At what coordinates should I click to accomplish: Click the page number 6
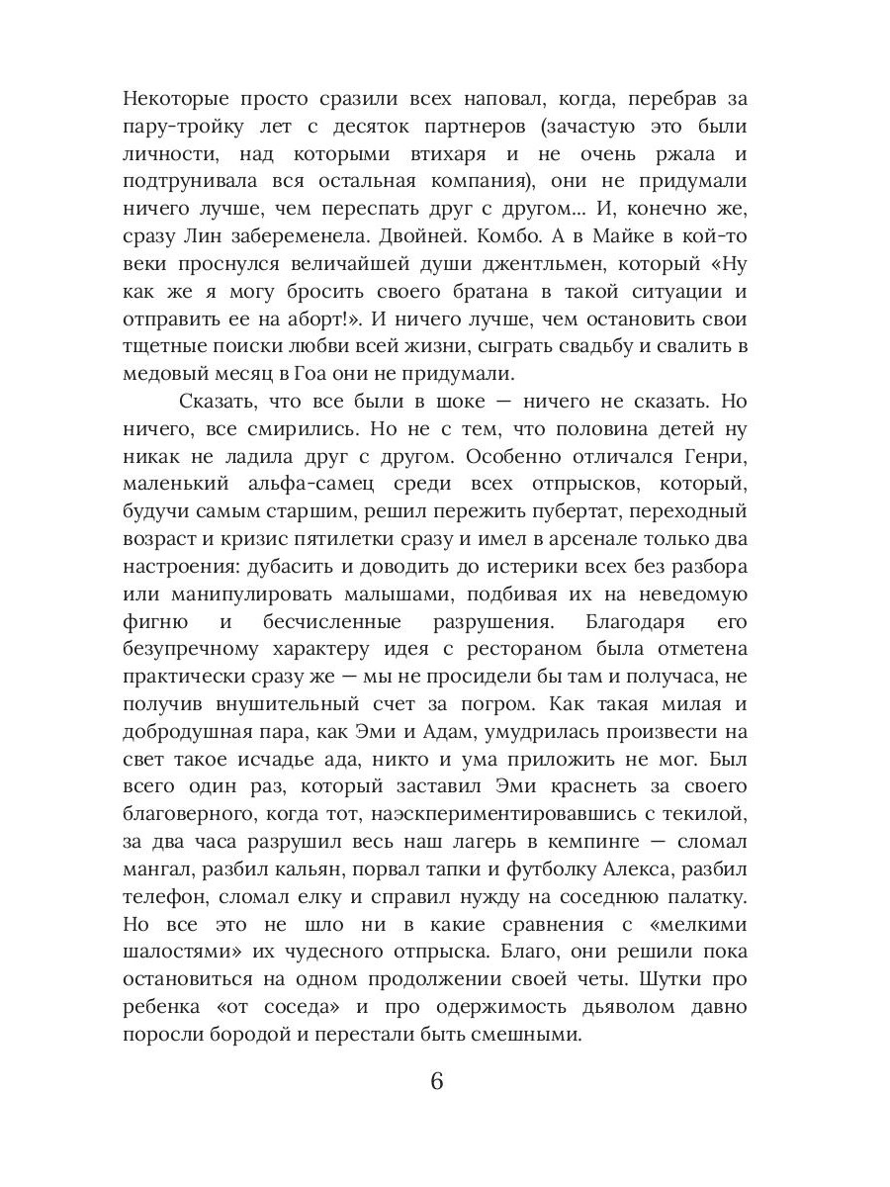click(437, 1079)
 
